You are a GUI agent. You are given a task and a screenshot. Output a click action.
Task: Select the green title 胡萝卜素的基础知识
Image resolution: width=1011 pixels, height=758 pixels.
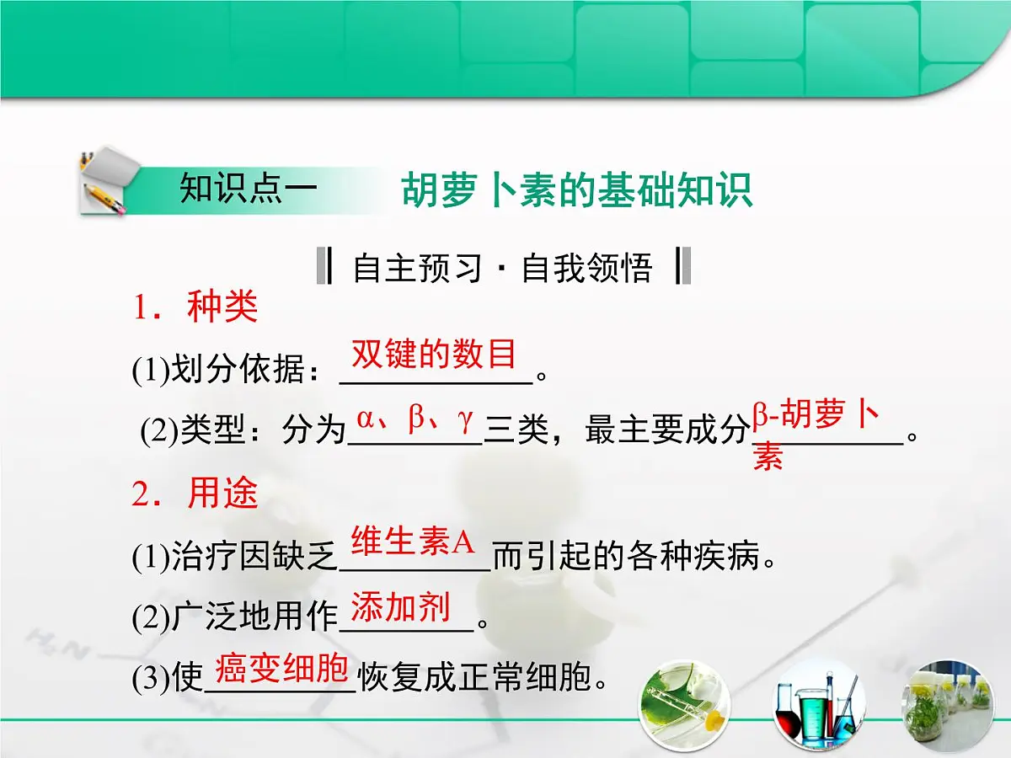577,191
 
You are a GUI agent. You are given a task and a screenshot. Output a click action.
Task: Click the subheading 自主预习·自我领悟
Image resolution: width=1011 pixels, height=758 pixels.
503,268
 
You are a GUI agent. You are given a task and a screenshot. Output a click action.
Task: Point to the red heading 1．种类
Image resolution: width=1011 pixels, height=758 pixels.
195,308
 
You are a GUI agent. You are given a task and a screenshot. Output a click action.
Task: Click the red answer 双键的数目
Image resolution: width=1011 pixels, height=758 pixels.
434,355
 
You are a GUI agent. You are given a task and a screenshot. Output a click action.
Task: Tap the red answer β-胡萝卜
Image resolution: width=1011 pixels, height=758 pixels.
816,416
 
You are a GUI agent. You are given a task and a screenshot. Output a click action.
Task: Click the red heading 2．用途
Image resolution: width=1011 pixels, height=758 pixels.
195,494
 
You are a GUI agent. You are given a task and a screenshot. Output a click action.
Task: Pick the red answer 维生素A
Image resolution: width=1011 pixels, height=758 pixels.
414,542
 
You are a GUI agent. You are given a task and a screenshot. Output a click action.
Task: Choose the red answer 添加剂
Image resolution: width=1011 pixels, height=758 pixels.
400,607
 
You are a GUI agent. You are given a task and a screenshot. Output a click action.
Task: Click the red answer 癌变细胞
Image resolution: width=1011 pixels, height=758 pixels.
281,669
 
